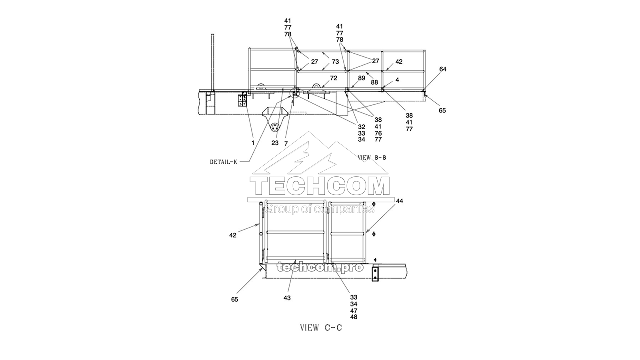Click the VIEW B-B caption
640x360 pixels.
372,158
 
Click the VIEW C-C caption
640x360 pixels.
321,328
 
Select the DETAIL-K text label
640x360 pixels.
224,162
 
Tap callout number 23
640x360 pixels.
275,143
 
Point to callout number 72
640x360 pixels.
334,78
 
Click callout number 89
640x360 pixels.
362,78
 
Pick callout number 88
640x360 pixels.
374,82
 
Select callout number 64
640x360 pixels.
442,69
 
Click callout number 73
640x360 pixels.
335,62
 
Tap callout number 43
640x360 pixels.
287,298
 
